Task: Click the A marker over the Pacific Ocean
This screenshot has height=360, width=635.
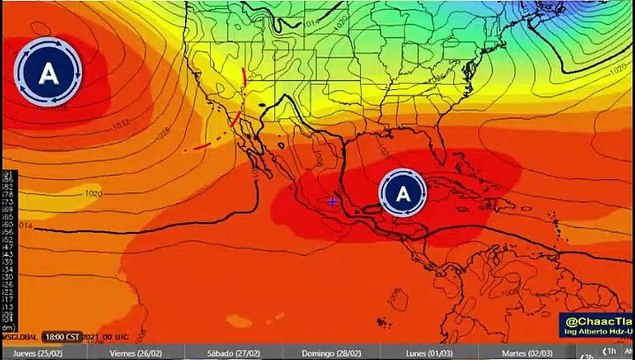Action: (48, 71)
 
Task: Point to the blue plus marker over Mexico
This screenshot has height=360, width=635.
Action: (332, 201)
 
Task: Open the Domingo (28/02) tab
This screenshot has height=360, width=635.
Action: (333, 353)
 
